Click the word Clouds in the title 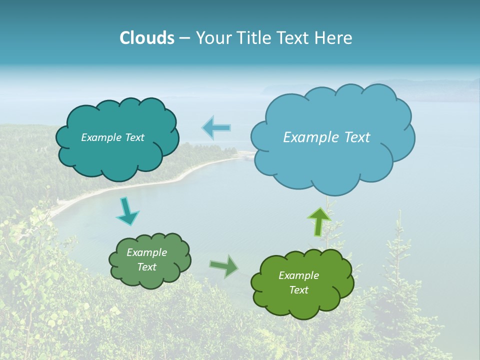point(146,38)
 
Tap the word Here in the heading point(334,38)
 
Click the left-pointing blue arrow point(216,128)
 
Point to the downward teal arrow point(127,211)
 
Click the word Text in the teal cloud point(134,137)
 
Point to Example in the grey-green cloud point(146,252)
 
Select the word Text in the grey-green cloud point(146,267)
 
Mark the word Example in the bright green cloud point(298,275)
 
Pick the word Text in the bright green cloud point(298,290)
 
